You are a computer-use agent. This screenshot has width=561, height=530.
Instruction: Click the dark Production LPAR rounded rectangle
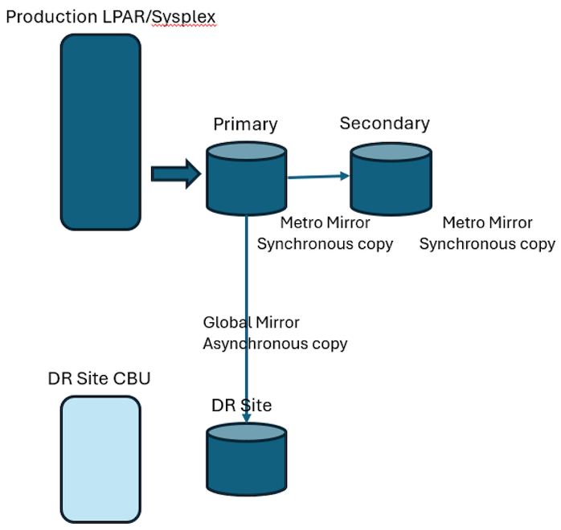(100, 132)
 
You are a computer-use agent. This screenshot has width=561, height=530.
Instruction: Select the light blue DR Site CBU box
(100, 459)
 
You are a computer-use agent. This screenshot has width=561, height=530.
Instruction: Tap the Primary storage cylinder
(246, 178)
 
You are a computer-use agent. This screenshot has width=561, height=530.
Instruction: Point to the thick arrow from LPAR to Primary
(174, 173)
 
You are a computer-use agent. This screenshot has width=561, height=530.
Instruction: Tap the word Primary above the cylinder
(245, 124)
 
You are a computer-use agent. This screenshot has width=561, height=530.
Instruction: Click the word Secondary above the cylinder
(384, 123)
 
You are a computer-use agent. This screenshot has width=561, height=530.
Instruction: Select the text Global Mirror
(251, 323)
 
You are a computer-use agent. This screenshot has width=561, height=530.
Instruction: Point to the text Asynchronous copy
(275, 344)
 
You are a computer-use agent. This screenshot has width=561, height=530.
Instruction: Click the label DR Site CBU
(99, 378)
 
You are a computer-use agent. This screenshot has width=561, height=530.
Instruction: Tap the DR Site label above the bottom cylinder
(241, 406)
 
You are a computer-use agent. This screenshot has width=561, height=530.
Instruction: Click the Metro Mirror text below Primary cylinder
(325, 223)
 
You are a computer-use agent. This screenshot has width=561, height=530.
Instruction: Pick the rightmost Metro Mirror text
(487, 223)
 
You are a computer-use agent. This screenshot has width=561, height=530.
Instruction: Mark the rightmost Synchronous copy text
(487, 244)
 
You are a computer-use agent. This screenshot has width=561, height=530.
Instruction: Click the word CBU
(131, 378)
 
